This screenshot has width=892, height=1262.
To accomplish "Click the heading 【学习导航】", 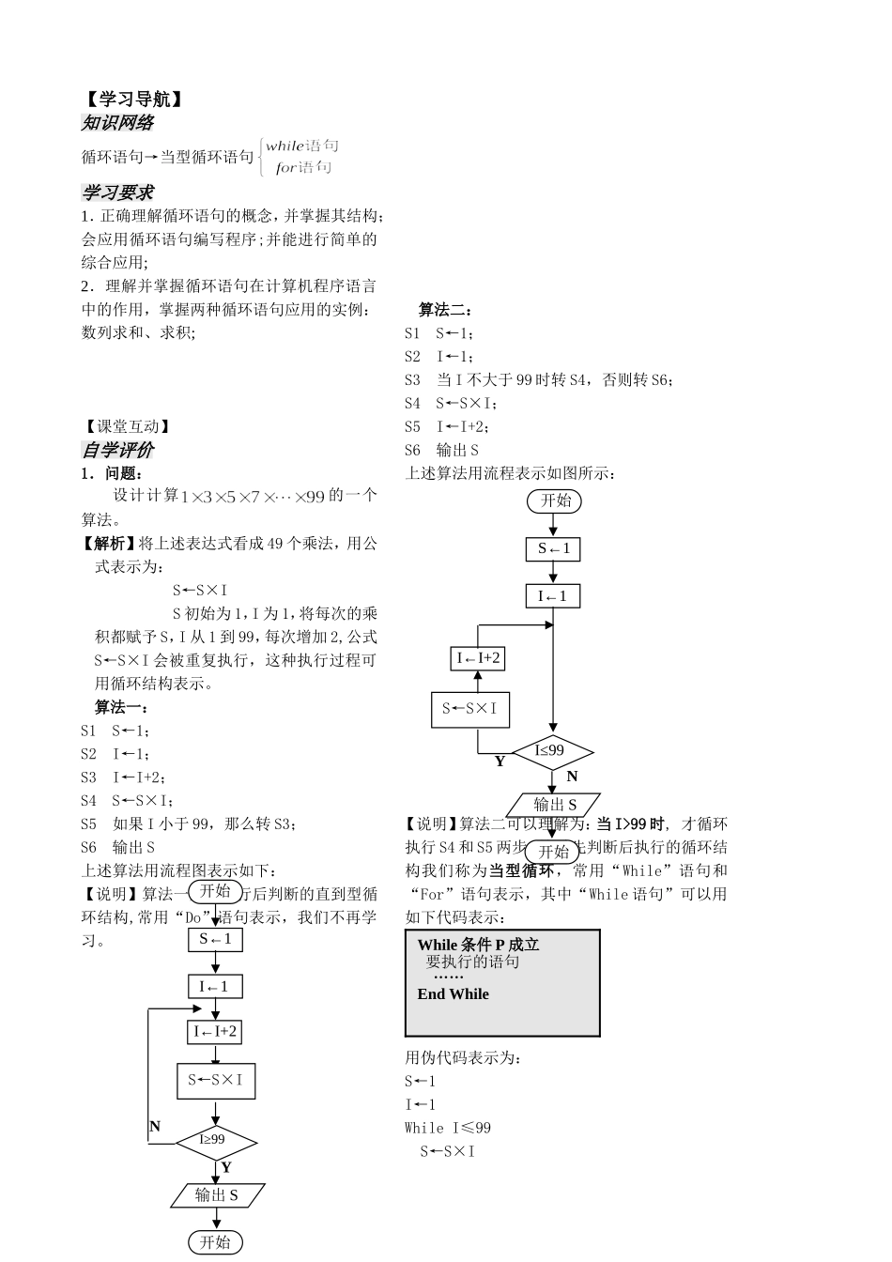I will [131, 100].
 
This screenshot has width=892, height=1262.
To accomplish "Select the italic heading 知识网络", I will [117, 123].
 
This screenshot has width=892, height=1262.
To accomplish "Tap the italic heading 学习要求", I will [117, 192].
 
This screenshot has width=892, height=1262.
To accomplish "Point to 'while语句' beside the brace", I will [301, 146].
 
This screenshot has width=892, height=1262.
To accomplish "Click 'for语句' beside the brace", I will [303, 168].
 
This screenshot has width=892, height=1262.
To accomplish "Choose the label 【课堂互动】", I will [126, 426].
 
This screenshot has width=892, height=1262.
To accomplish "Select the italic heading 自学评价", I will [117, 450].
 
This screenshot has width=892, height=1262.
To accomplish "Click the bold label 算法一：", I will [121, 707].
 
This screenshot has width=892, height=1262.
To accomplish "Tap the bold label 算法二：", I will [445, 310].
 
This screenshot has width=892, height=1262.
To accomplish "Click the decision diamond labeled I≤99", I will [551, 751].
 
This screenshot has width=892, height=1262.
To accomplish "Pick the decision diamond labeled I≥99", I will [215, 1141].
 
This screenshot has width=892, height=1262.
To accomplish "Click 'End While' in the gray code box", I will [453, 994].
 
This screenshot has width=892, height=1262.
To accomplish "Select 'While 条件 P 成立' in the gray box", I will [478, 945].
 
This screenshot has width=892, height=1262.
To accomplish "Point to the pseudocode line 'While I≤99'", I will [448, 1128].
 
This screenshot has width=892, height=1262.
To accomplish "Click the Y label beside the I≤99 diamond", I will [500, 762].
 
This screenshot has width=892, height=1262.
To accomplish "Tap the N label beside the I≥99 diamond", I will [155, 1126].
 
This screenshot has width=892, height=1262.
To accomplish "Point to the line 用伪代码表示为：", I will [463, 1058].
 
